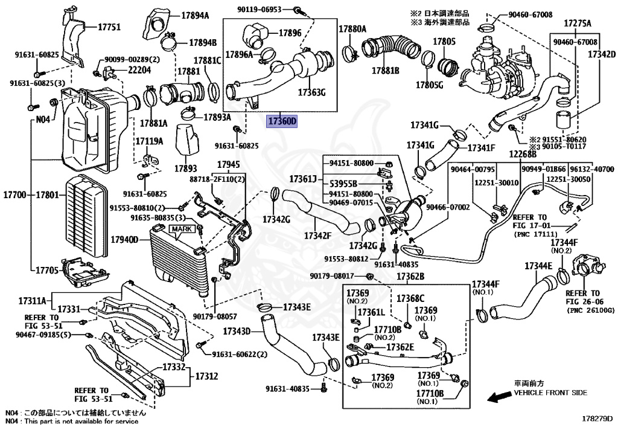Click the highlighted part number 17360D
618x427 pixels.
click(x=283, y=121)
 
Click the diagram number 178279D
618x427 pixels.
click(x=596, y=418)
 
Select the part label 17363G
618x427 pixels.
click(x=311, y=92)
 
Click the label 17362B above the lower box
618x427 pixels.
click(x=410, y=277)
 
